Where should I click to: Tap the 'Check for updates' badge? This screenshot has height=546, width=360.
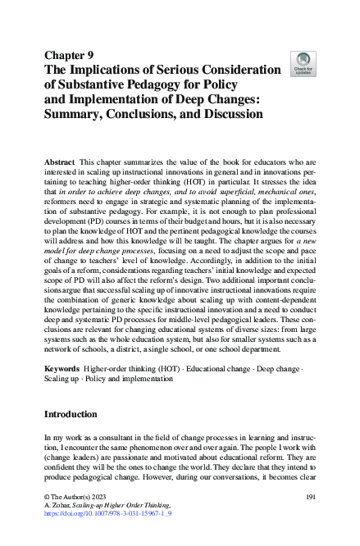[x=303, y=64]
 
